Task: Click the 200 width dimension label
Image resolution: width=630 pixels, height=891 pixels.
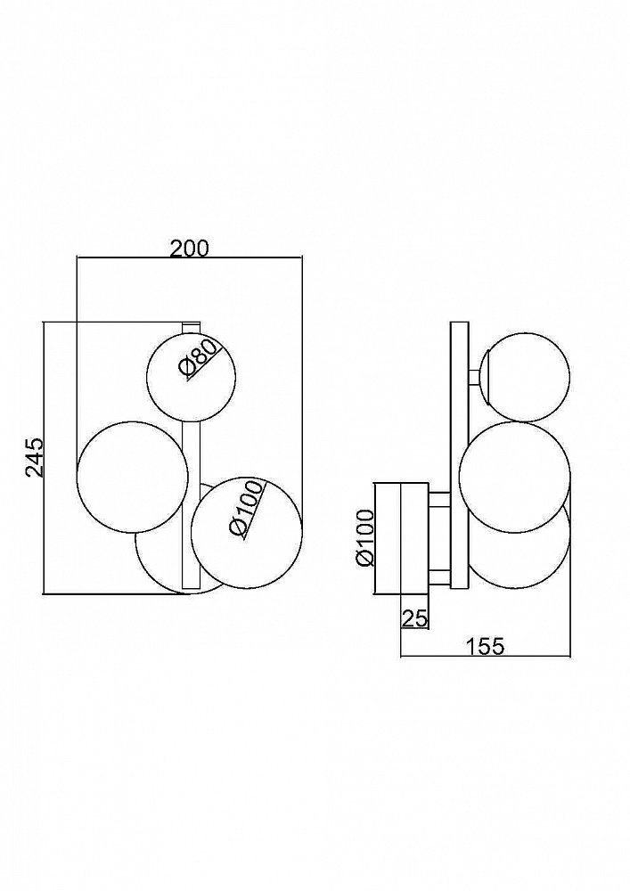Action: tap(190, 249)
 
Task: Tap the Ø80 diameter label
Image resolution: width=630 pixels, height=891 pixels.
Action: tap(198, 358)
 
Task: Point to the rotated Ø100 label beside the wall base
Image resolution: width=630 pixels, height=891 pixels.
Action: tap(364, 538)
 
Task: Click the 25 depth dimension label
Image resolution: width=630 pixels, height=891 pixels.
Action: tap(414, 617)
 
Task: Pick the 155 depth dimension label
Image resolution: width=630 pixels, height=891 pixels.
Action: tap(485, 646)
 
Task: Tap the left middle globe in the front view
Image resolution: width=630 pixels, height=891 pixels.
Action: tap(133, 476)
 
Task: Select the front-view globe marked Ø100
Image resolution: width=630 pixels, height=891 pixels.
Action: tap(247, 532)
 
